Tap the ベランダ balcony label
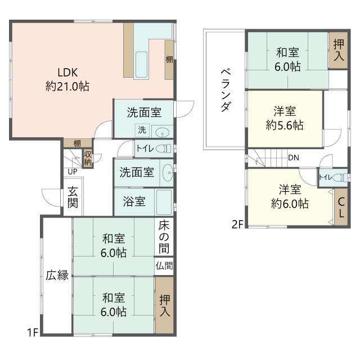[224, 90]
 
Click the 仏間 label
[165, 265]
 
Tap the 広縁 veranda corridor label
[57, 275]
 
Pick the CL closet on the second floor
[341, 208]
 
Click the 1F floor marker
[32, 332]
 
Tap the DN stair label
[293, 157]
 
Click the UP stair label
[73, 171]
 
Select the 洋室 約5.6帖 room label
[285, 118]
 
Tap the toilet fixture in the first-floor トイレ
[163, 149]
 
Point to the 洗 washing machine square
[142, 130]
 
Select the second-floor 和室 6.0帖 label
[287, 60]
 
